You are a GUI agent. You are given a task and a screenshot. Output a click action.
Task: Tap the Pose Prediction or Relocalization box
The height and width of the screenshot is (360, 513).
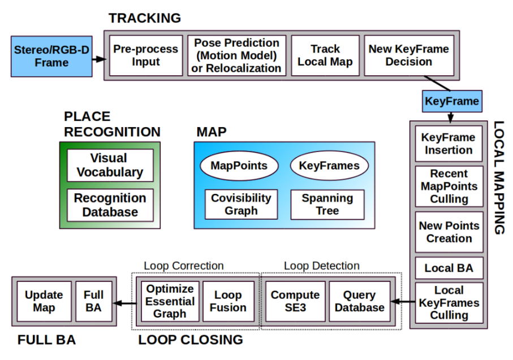click(238, 55)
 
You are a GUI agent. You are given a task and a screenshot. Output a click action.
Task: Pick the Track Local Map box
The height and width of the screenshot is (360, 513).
click(325, 55)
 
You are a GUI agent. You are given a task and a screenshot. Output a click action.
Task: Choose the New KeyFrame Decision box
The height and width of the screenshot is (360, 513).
click(408, 55)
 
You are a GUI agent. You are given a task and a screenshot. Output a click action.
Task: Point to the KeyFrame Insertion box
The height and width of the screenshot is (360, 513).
click(449, 144)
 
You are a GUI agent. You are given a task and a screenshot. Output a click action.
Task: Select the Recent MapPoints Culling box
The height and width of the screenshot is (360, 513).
click(449, 186)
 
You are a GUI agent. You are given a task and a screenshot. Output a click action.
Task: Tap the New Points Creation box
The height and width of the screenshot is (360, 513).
click(449, 232)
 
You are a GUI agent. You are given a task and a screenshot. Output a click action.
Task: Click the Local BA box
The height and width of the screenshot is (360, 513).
click(449, 268)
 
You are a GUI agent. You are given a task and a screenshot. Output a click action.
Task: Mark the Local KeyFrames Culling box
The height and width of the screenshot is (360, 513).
click(449, 302)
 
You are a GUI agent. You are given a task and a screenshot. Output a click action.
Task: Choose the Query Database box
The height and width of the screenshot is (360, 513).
click(359, 302)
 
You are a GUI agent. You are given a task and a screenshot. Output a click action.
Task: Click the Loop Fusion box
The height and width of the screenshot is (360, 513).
click(229, 302)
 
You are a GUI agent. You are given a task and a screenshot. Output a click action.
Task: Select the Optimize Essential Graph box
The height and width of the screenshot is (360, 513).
click(170, 302)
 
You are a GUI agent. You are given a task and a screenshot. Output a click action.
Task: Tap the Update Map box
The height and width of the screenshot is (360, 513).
click(44, 302)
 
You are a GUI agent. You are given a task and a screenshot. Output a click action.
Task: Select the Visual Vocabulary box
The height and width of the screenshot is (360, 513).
click(110, 165)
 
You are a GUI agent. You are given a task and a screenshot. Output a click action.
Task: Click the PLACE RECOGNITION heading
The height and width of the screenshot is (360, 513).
click(111, 124)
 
